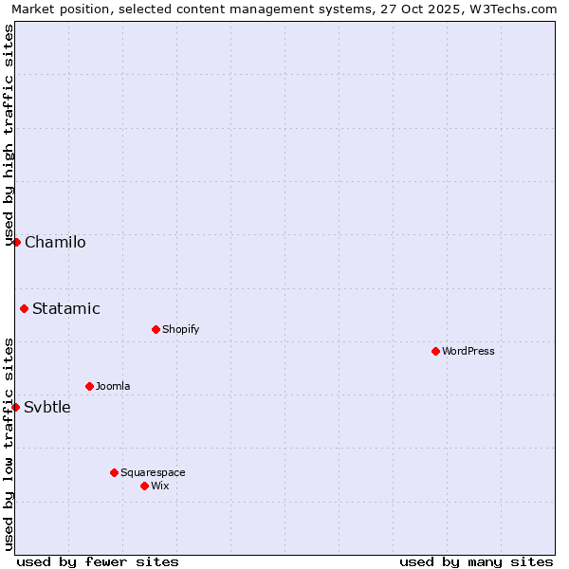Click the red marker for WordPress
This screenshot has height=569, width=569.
(x=435, y=351)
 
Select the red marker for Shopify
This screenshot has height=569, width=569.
(x=156, y=329)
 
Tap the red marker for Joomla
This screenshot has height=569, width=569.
(x=89, y=386)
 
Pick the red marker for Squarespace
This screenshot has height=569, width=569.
(x=114, y=472)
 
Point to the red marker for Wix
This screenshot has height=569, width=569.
(x=144, y=486)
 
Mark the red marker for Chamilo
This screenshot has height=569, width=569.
(x=16, y=242)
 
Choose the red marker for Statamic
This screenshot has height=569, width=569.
(x=24, y=308)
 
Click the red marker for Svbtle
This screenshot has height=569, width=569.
(x=15, y=407)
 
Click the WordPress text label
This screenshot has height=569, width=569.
(x=468, y=351)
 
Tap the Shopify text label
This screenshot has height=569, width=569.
(x=180, y=329)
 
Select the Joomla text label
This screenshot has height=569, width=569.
(x=113, y=386)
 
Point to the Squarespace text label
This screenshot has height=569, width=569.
(x=153, y=472)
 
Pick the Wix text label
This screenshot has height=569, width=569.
(x=160, y=486)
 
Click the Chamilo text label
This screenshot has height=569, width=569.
(x=55, y=242)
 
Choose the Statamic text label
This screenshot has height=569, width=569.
(x=66, y=308)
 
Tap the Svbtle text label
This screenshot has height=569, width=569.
(x=47, y=408)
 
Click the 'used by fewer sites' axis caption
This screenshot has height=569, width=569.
(x=98, y=561)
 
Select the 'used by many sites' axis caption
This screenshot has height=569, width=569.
(x=476, y=561)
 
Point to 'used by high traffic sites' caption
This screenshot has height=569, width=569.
(x=9, y=135)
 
